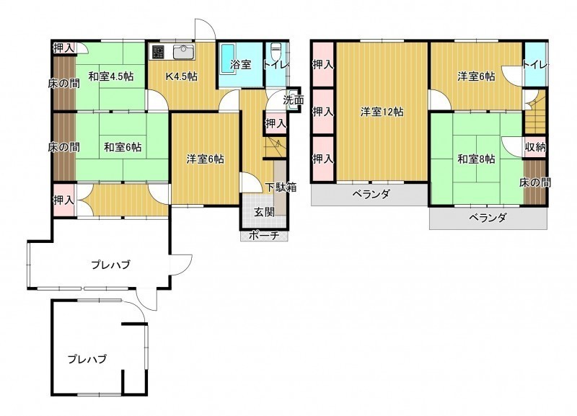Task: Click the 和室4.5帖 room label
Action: point(111,77)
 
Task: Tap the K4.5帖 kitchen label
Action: point(182,76)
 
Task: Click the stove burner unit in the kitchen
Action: point(158,52)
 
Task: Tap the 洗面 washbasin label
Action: point(294,100)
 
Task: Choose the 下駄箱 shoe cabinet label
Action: point(281,187)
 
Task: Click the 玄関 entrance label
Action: point(265,212)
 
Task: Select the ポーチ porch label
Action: point(264,236)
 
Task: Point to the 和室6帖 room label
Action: point(123,147)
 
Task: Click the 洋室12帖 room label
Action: point(382,112)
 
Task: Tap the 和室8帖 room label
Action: point(476,159)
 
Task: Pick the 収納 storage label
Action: point(535,147)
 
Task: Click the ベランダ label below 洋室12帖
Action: point(371,194)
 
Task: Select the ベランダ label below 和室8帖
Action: point(488,218)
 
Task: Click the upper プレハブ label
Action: point(110,265)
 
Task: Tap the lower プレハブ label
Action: point(87,358)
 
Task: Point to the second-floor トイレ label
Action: point(535,65)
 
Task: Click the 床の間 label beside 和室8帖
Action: point(535,182)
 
